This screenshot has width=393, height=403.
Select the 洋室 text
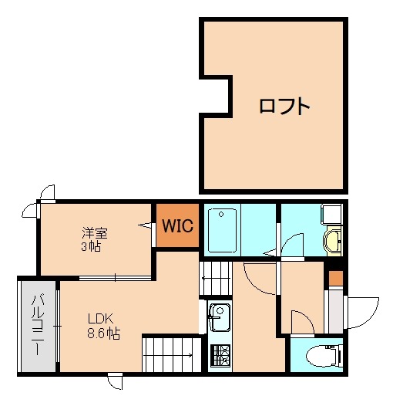[95, 232]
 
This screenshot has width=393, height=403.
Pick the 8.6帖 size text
[102, 334]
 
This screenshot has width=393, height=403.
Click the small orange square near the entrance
[334, 278]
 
